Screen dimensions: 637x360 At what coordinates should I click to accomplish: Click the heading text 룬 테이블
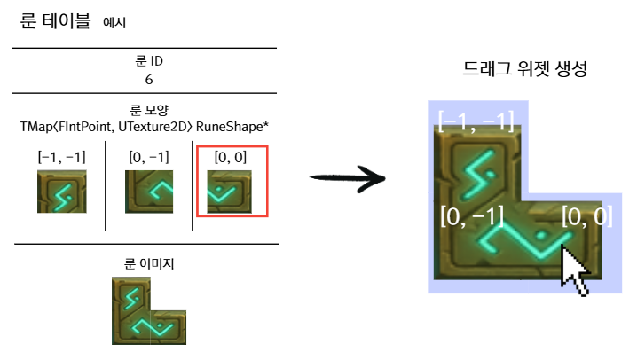click(x=55, y=20)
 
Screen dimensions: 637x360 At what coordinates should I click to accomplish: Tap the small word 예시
click(x=114, y=22)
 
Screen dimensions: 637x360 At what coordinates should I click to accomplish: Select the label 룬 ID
click(x=149, y=61)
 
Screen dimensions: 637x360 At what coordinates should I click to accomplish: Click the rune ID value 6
click(x=149, y=80)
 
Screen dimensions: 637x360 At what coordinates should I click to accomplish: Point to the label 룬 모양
click(x=149, y=110)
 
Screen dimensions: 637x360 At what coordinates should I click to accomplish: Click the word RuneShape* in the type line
click(x=232, y=127)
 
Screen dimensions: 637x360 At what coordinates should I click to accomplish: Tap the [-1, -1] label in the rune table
click(x=62, y=157)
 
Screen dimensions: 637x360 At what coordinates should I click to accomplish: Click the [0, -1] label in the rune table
click(x=149, y=157)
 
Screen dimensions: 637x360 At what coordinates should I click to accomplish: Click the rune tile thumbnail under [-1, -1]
click(x=62, y=192)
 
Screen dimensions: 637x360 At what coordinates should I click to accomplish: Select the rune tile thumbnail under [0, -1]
click(x=149, y=192)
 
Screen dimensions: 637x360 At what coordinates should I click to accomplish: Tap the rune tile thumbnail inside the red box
click(x=229, y=192)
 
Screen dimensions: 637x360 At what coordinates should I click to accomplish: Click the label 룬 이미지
click(x=149, y=264)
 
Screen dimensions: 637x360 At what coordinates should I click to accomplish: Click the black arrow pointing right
click(x=348, y=177)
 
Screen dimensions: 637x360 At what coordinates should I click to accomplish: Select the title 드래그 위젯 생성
click(x=525, y=68)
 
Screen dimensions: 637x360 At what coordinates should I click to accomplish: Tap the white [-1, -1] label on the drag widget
click(x=476, y=121)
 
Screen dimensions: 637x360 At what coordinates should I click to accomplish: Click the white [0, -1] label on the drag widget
click(x=472, y=216)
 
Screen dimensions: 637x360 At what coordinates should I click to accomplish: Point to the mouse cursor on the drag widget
click(x=574, y=270)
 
